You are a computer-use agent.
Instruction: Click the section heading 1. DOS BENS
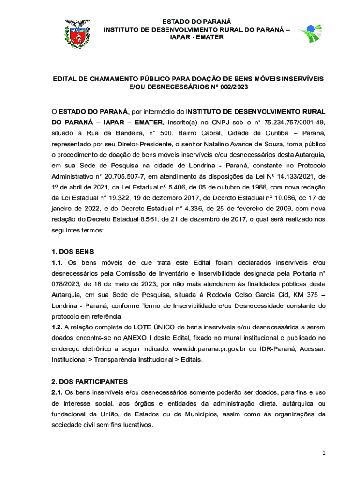tap(72, 251)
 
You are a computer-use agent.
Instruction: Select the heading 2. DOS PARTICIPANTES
tap(89, 381)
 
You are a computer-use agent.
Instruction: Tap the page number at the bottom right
tap(323, 453)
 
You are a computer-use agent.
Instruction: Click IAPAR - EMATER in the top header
tap(196, 36)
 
